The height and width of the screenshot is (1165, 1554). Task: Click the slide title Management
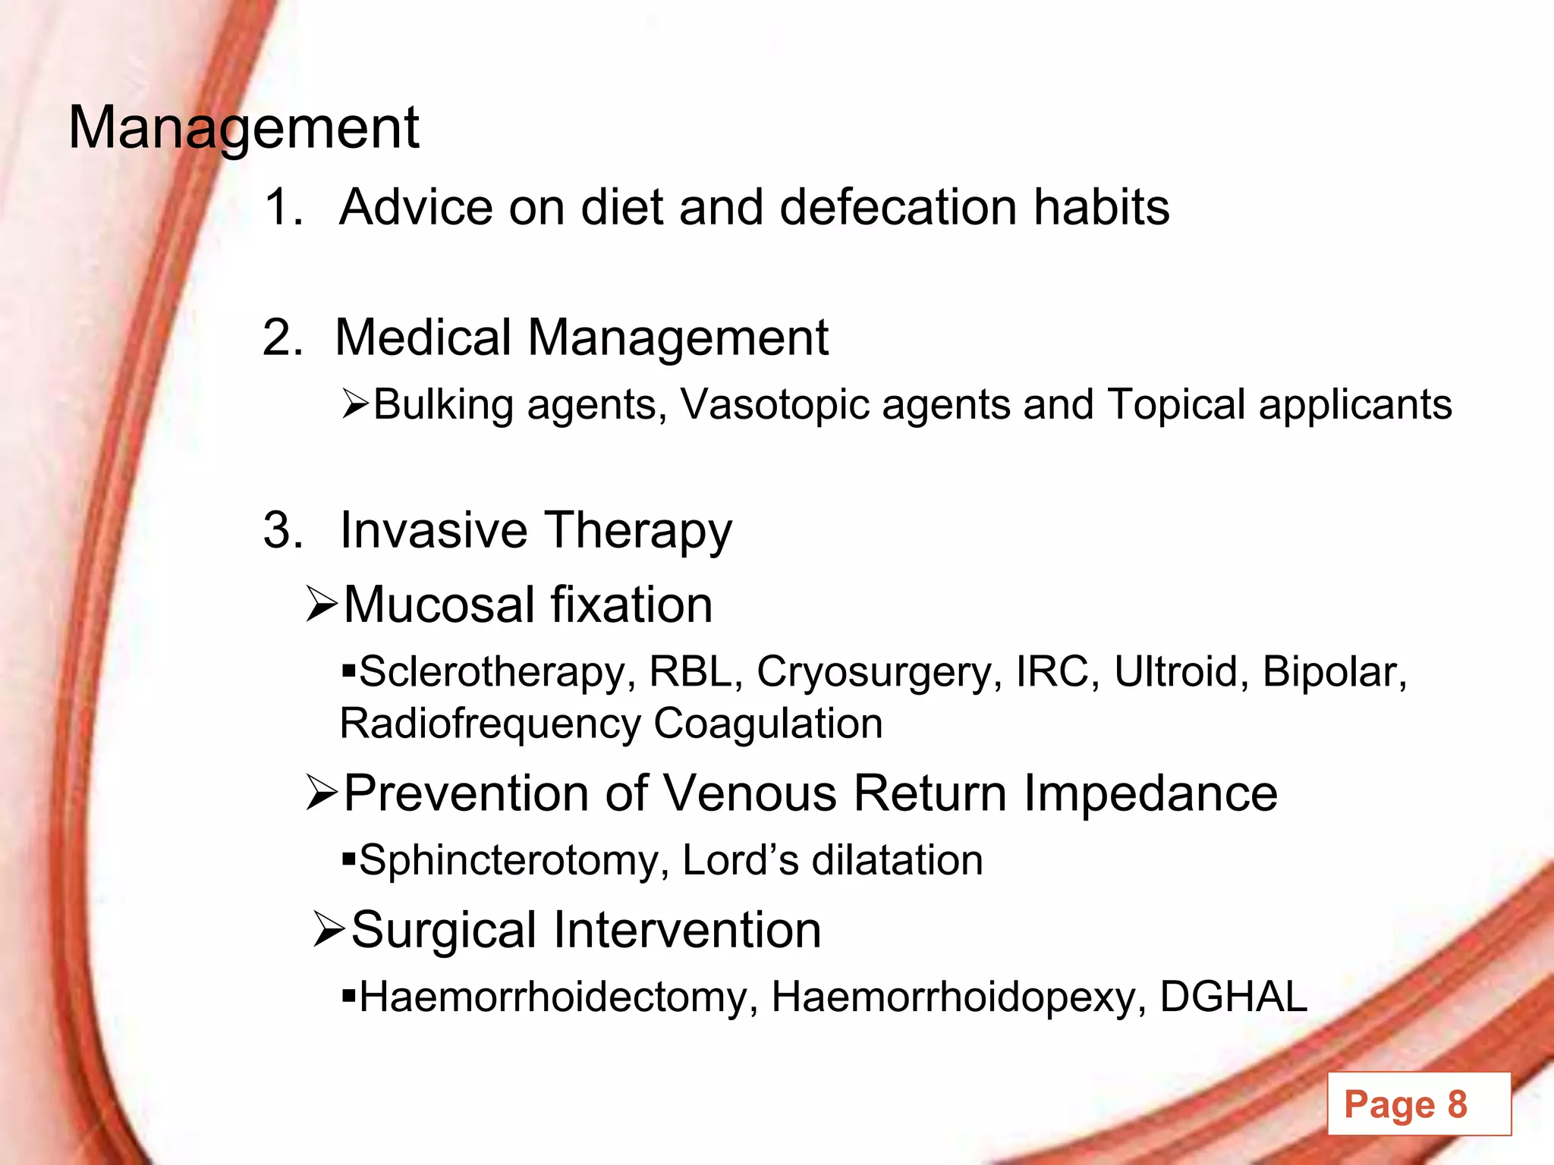pos(244,127)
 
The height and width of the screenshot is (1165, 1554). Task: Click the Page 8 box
pos(1418,1104)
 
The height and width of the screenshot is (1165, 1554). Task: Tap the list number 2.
pos(282,337)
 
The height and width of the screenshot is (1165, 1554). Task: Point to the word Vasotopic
pos(773,404)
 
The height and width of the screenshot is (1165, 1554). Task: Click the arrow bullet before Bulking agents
pos(354,404)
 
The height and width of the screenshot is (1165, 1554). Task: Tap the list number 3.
pos(282,529)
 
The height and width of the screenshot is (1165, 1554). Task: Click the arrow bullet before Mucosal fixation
pos(322,604)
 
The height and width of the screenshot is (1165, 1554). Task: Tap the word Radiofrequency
pos(489,723)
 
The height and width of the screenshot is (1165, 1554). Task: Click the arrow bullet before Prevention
pos(322,793)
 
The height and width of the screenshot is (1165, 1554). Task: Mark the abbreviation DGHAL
pos(1233,997)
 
